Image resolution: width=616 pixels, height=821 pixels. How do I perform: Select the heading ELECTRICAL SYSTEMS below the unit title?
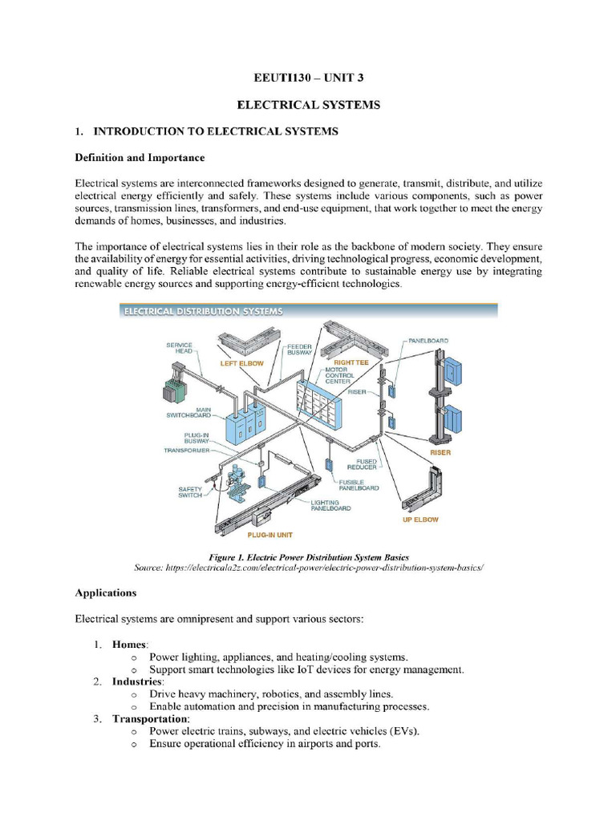pos(307,105)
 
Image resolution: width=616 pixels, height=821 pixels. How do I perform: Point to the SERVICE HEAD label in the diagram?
pos(179,348)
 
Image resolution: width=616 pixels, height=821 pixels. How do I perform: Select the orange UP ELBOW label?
pos(419,520)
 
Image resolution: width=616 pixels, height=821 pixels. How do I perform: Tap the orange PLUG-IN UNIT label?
pos(269,534)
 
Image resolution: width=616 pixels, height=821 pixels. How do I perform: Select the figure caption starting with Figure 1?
pos(308,556)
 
